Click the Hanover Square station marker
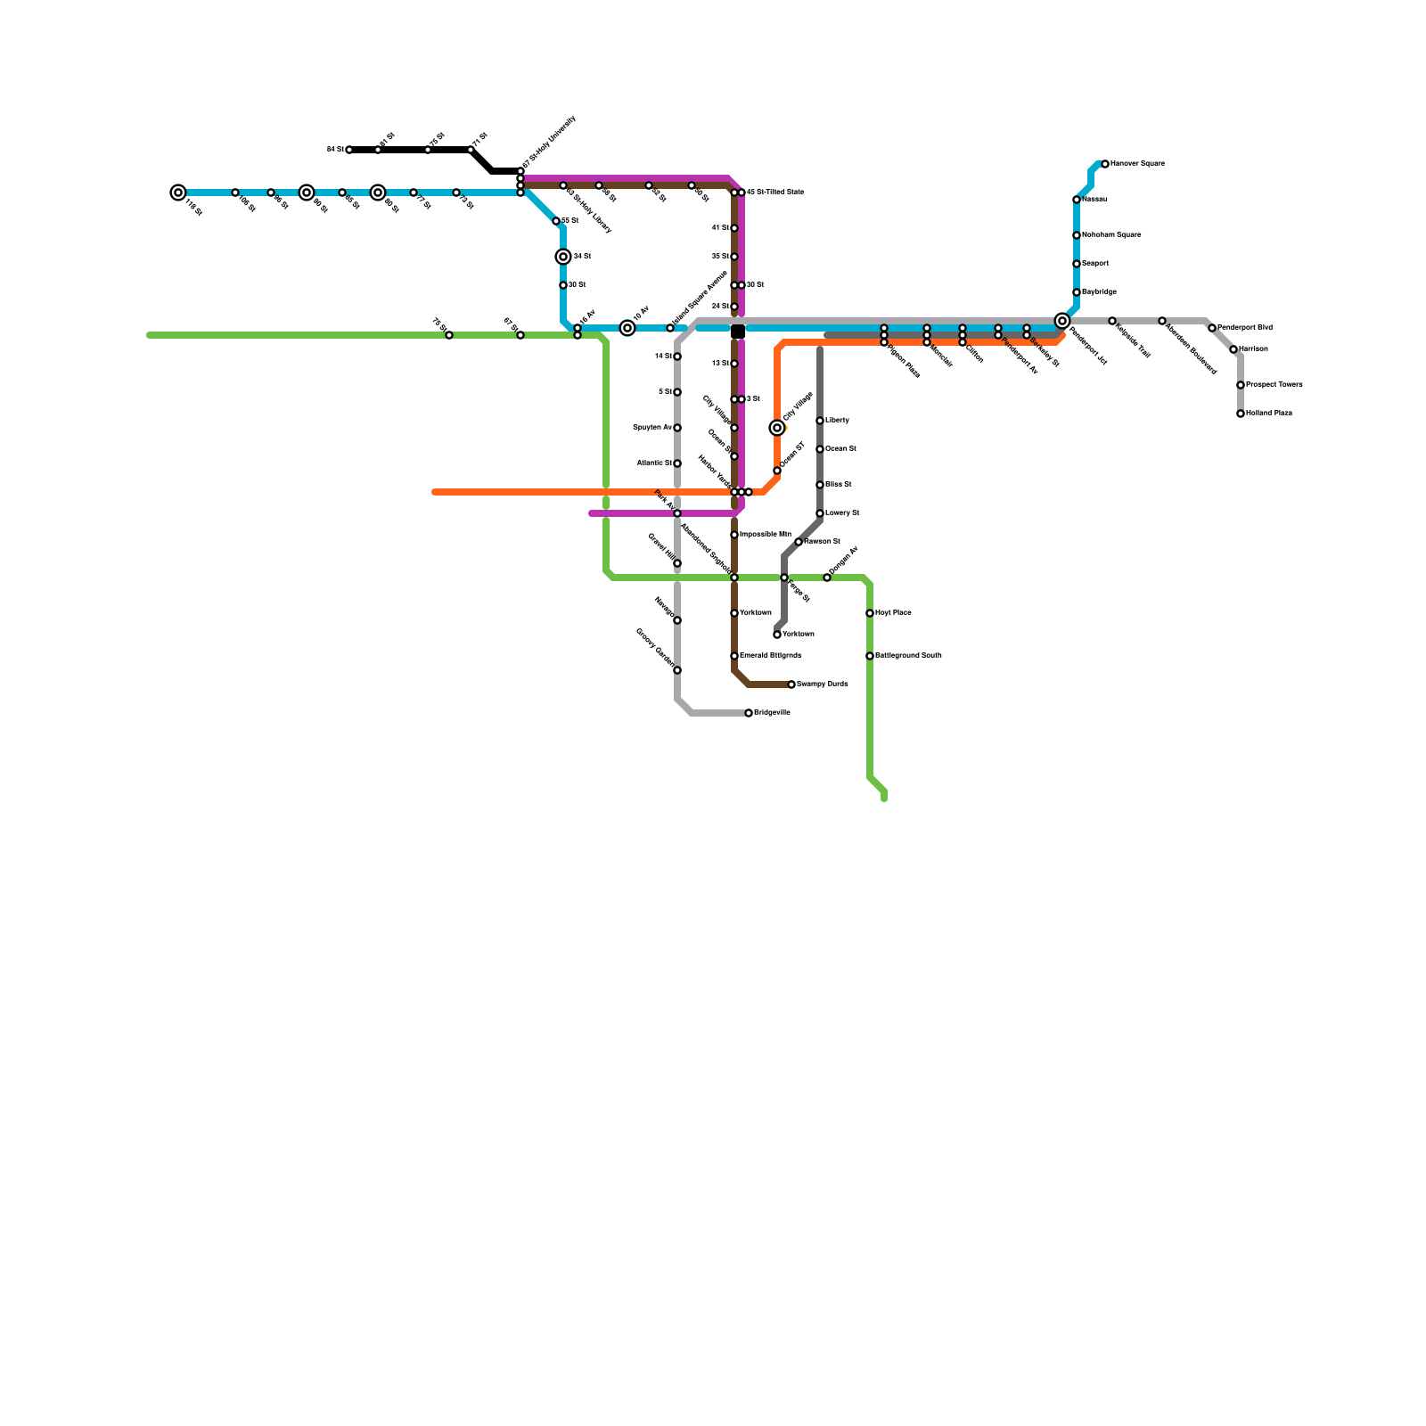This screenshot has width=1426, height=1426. pyautogui.click(x=1105, y=164)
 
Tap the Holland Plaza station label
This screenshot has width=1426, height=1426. pyautogui.click(x=1269, y=414)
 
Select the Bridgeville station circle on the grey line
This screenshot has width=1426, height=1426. pyautogui.click(x=749, y=713)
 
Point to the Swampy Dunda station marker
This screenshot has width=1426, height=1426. pyautogui.click(x=791, y=684)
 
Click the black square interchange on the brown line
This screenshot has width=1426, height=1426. pyautogui.click(x=738, y=332)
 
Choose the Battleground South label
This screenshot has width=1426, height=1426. pyautogui.click(x=908, y=656)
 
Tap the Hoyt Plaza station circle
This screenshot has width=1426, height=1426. pyautogui.click(x=870, y=613)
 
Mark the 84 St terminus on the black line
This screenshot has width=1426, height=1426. pyautogui.click(x=349, y=150)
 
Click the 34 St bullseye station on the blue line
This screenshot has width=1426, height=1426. pyautogui.click(x=563, y=257)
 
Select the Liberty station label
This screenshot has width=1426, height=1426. pyautogui.click(x=837, y=421)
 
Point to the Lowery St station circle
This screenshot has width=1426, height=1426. pyautogui.click(x=820, y=513)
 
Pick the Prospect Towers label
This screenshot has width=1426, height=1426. pyautogui.click(x=1274, y=385)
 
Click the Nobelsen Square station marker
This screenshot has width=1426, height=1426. pyautogui.click(x=1077, y=235)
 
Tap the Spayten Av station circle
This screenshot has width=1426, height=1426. pyautogui.click(x=677, y=428)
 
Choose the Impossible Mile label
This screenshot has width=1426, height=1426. pyautogui.click(x=766, y=535)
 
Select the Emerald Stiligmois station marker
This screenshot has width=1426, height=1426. pyautogui.click(x=734, y=656)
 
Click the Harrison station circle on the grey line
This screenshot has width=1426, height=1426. pyautogui.click(x=1233, y=349)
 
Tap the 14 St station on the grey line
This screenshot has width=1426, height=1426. pyautogui.click(x=677, y=356)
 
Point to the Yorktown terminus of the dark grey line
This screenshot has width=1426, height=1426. pyautogui.click(x=777, y=635)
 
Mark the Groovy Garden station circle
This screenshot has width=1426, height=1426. pyautogui.click(x=677, y=670)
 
